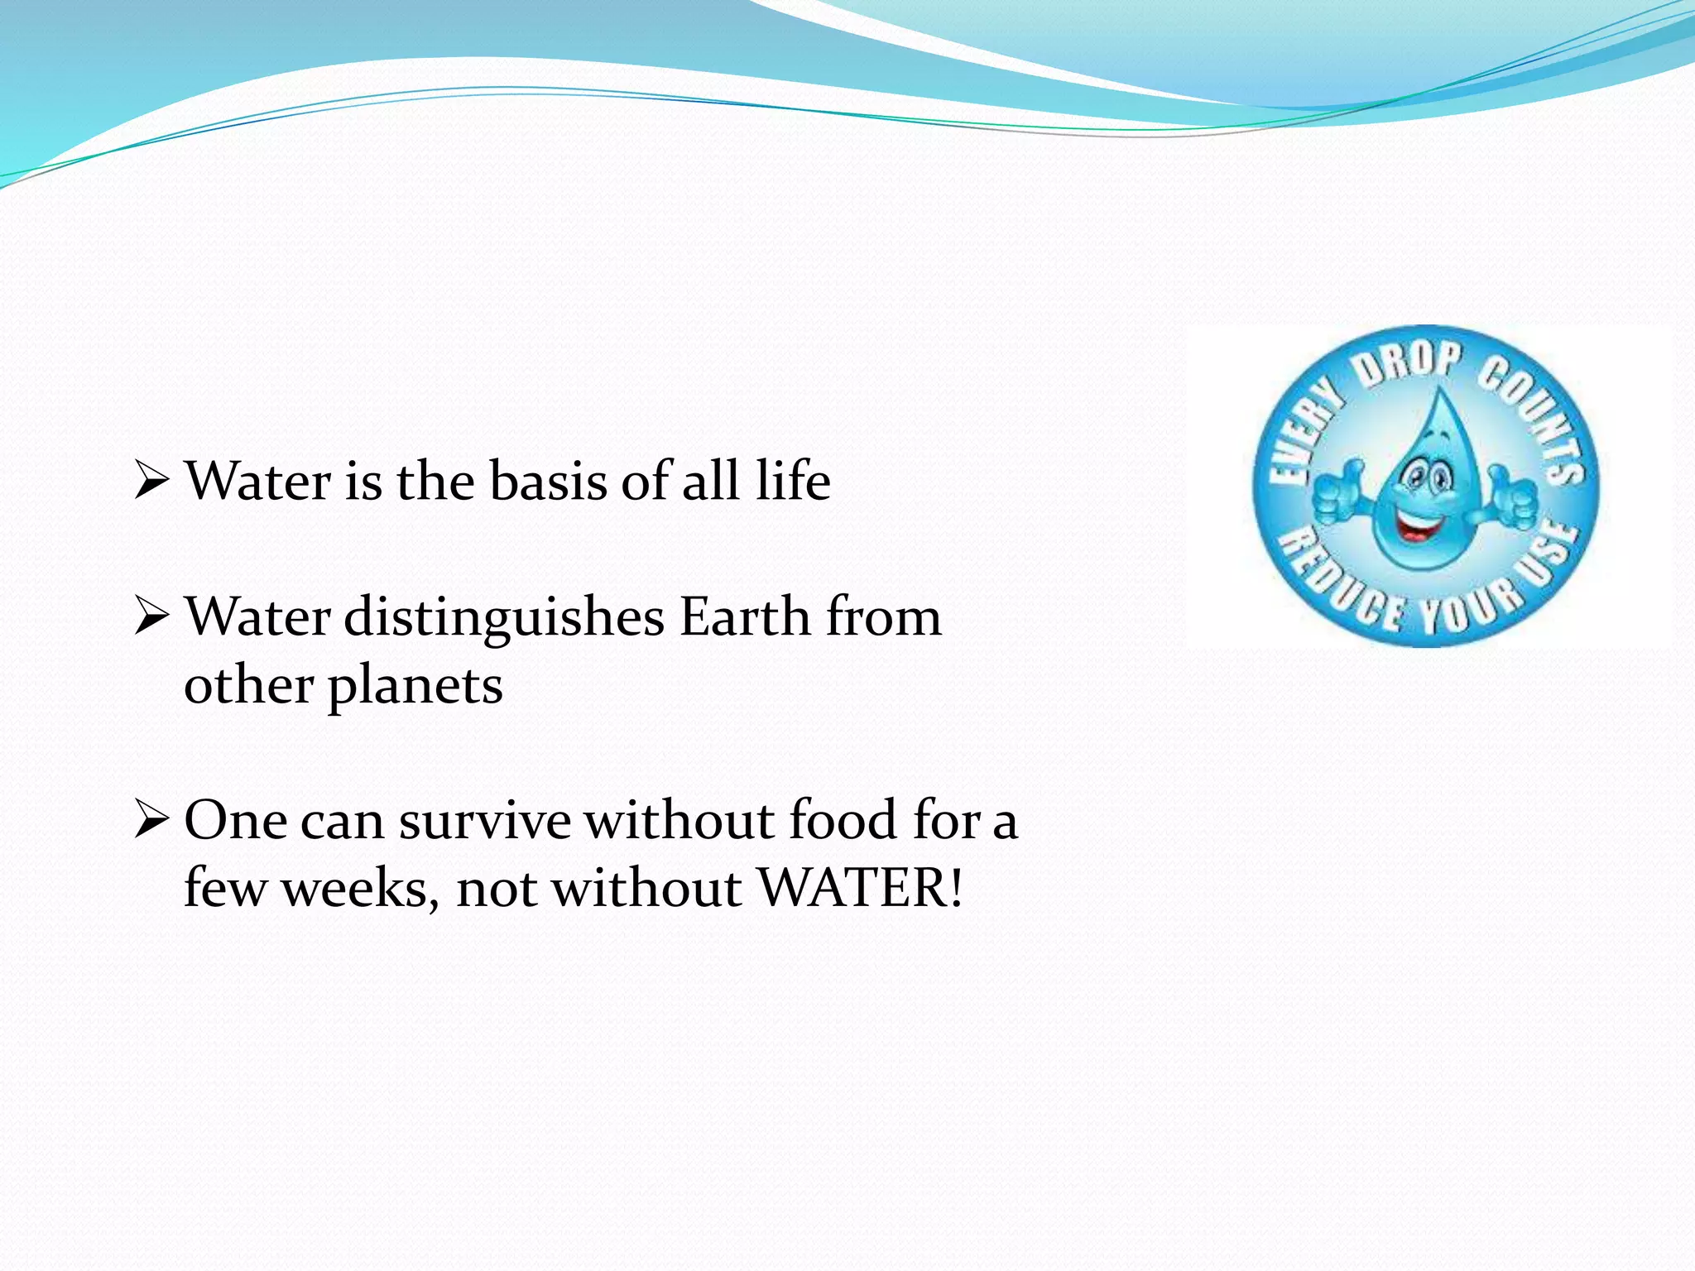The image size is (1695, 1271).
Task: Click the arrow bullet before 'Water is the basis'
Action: click(x=151, y=481)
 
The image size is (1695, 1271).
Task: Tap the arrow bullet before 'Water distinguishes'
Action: click(x=151, y=617)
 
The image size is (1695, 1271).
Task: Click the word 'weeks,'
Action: click(x=361, y=890)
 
